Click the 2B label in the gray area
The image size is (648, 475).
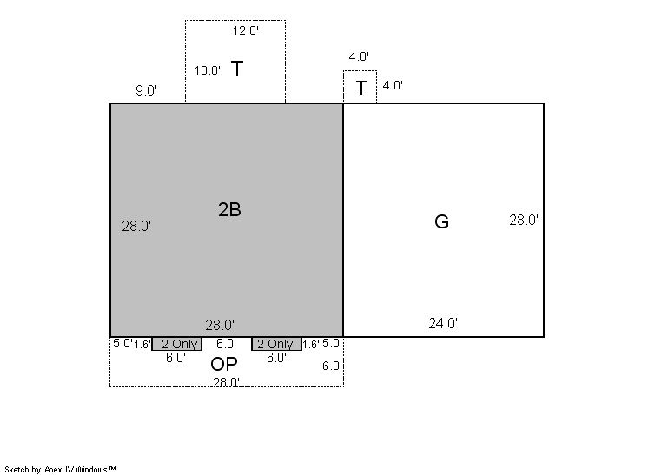point(230,210)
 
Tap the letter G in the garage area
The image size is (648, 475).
point(442,221)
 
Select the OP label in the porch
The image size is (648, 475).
point(224,364)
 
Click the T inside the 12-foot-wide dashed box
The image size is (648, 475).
point(237,69)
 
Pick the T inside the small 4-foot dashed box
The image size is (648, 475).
point(361,88)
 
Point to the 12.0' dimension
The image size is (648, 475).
point(246,30)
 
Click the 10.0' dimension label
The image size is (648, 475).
point(208,70)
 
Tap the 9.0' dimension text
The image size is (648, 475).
point(146,90)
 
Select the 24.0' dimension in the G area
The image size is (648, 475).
point(443,323)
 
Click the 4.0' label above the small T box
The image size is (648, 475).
point(359,56)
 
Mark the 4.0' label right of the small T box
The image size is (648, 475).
point(393,85)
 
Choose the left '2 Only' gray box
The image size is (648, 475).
point(177,344)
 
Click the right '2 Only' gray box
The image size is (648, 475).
point(276,344)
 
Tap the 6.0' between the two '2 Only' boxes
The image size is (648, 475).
point(226,344)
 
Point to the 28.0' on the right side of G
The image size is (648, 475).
point(524,221)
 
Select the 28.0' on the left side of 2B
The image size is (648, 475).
point(136,227)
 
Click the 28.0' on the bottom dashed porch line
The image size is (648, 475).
point(226,382)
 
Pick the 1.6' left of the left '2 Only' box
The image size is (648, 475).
point(142,345)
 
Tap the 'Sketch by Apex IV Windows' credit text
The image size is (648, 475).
point(60,470)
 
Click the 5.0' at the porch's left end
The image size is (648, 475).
point(122,343)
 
